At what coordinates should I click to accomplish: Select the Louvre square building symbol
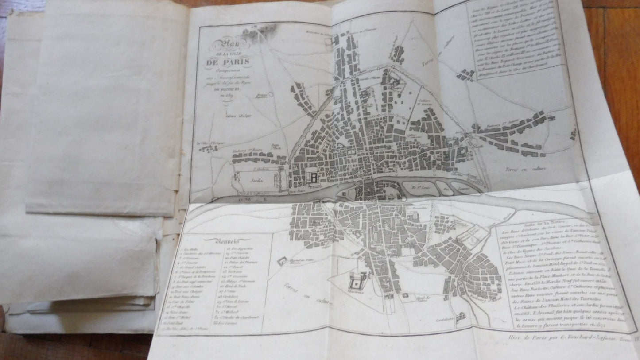[x=314, y=178]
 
